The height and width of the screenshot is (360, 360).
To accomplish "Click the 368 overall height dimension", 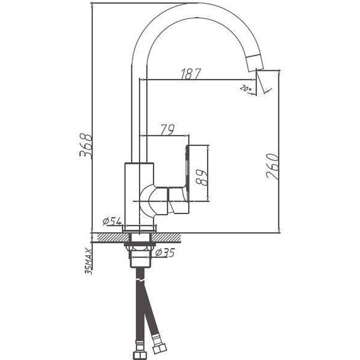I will [x=87, y=147].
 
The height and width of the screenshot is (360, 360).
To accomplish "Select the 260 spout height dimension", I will [x=272, y=166].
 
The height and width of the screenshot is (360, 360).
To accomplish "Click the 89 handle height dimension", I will [x=200, y=177].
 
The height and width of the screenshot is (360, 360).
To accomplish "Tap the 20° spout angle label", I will [x=246, y=88].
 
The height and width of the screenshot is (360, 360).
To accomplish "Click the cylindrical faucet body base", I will [x=138, y=196].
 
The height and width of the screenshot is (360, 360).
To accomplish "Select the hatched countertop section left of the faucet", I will [x=107, y=238].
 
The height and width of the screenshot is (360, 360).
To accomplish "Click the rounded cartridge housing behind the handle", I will [x=151, y=202].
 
